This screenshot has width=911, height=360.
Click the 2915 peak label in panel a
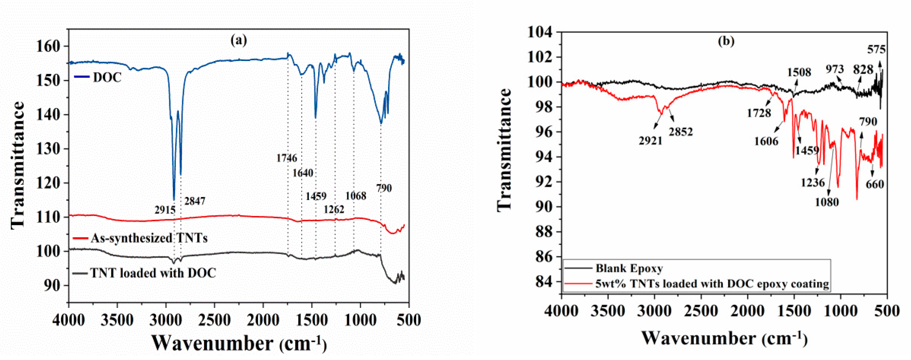pos(165,210)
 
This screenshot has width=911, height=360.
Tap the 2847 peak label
pos(195,201)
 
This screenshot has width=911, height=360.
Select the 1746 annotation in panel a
pos(287,158)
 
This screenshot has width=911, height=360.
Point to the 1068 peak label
pos(356,196)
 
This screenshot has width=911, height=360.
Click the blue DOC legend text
pos(107,77)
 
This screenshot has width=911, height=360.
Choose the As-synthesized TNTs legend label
pos(149,238)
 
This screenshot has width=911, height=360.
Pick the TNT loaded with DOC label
pos(153,273)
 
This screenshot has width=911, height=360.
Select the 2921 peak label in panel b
pos(650,141)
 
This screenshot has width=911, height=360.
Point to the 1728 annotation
pos(759,113)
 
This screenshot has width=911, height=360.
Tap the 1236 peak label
pos(813,183)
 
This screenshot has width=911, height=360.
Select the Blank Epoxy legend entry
pos(629,268)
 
